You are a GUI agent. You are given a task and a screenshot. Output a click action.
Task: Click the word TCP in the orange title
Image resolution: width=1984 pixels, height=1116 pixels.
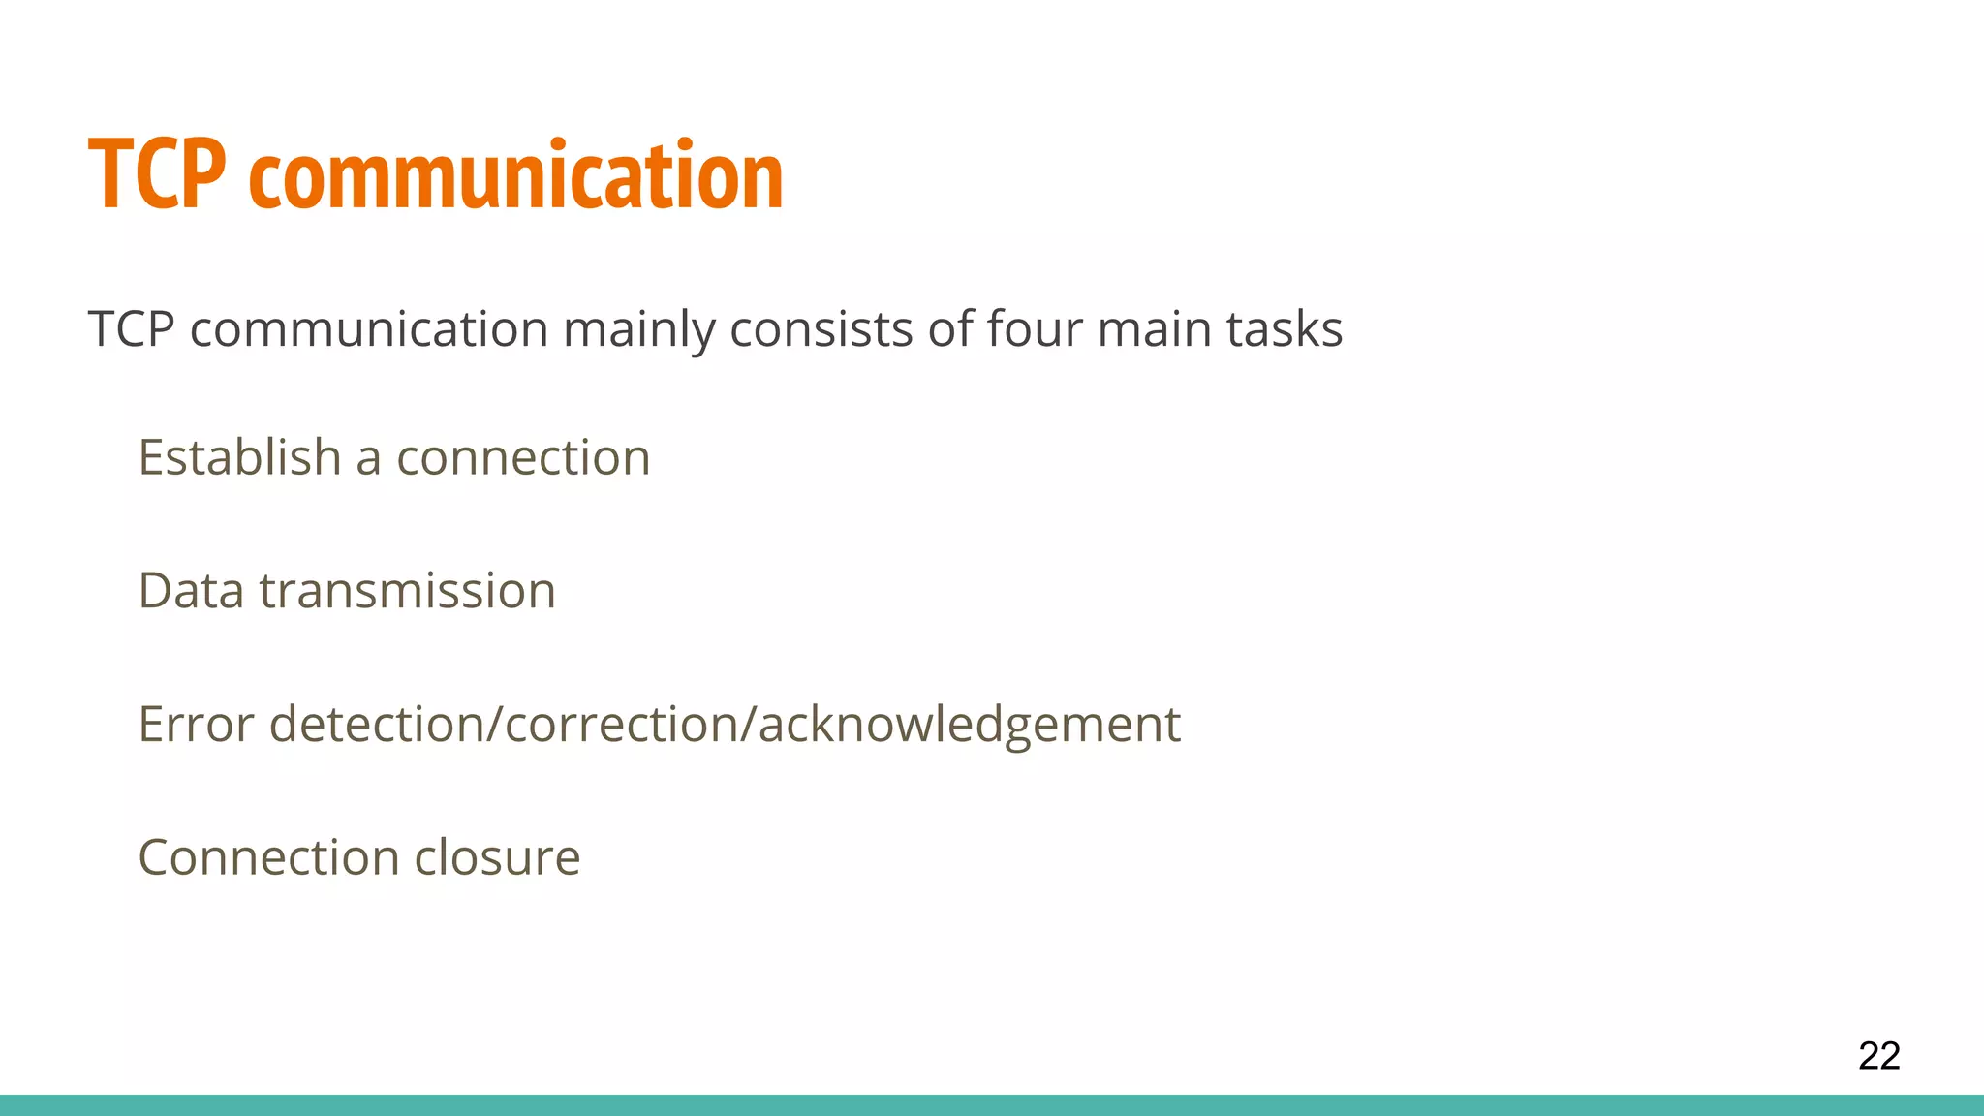(157, 174)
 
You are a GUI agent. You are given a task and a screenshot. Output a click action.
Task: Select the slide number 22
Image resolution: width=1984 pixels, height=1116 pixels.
(1878, 1055)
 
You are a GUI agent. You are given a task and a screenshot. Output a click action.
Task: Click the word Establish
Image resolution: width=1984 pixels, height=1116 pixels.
(238, 457)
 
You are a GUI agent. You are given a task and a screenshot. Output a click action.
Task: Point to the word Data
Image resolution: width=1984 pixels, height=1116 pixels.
(191, 591)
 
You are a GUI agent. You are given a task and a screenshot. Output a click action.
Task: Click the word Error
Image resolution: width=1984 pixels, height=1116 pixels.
(196, 725)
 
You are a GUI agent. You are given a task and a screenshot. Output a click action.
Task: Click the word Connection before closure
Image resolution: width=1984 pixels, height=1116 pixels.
(268, 857)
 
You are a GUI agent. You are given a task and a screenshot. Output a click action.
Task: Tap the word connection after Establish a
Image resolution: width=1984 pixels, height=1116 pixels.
(523, 457)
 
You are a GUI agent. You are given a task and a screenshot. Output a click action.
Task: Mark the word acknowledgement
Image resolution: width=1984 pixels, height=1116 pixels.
(969, 725)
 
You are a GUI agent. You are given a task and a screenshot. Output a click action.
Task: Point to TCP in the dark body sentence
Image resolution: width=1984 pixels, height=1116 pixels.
(131, 329)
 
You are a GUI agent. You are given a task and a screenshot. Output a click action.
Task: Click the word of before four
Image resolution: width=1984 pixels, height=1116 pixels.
(949, 329)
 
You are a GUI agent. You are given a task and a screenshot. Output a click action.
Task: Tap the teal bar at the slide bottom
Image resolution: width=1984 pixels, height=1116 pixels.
(992, 1105)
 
